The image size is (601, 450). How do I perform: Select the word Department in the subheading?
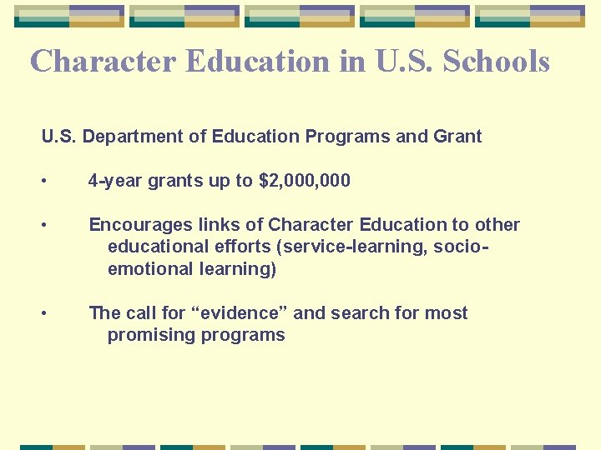click(x=128, y=136)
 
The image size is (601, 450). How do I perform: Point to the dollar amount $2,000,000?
click(x=305, y=181)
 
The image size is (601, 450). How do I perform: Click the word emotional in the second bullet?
click(x=148, y=268)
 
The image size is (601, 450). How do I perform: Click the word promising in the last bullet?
click(x=147, y=335)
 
